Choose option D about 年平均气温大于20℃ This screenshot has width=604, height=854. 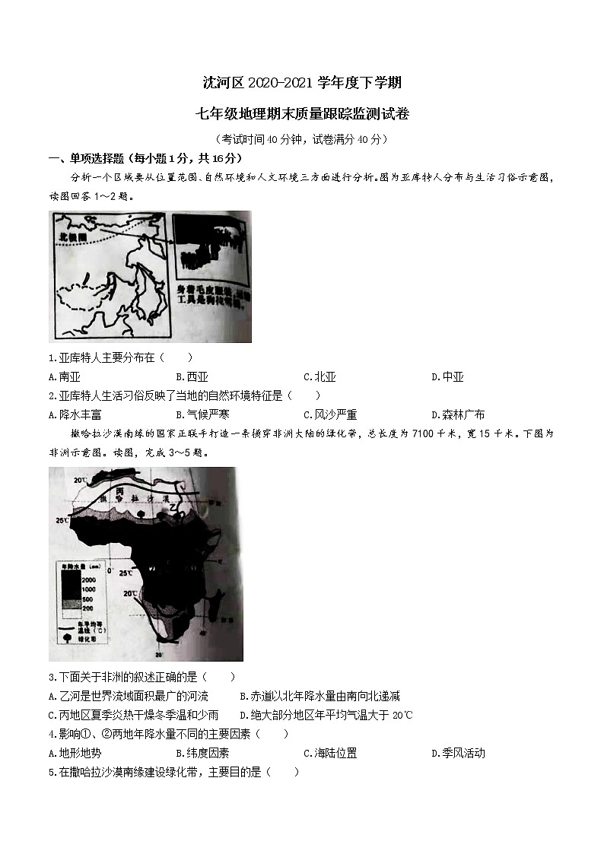click(326, 715)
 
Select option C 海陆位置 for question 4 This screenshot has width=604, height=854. click(330, 753)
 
